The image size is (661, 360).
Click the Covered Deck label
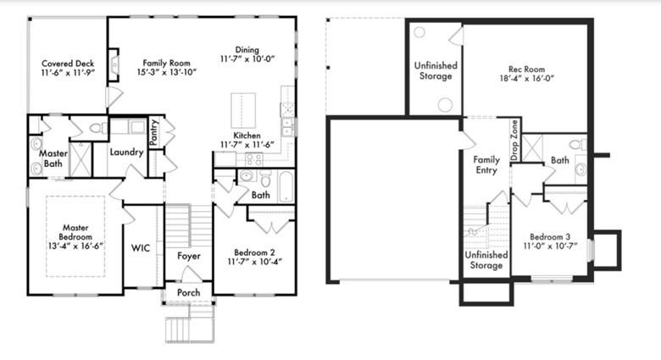pos(68,64)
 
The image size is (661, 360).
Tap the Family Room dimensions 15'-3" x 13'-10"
pos(166,73)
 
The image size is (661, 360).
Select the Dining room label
pos(247,50)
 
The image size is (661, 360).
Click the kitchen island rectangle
pos(243,111)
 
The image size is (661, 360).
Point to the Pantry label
pos(154,132)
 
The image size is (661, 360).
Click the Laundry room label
pos(126,152)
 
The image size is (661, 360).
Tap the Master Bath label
pos(53,158)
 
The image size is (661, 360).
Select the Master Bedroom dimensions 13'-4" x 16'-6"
pos(75,246)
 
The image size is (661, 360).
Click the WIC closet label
pos(141,248)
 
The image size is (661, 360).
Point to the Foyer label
pos(189,256)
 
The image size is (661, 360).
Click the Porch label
pos(188,292)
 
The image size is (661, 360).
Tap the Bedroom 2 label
pos(254,252)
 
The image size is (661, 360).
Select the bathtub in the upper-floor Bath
pos(286,186)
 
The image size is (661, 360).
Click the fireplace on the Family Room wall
pos(114,65)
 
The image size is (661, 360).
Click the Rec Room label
pos(526,69)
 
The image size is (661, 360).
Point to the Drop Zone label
pos(514,140)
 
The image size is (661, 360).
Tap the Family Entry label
pos(486,165)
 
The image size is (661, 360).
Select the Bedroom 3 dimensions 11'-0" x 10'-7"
pos(550,246)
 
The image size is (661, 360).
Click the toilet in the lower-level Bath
pos(578,145)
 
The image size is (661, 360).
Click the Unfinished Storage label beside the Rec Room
pos(436,71)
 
